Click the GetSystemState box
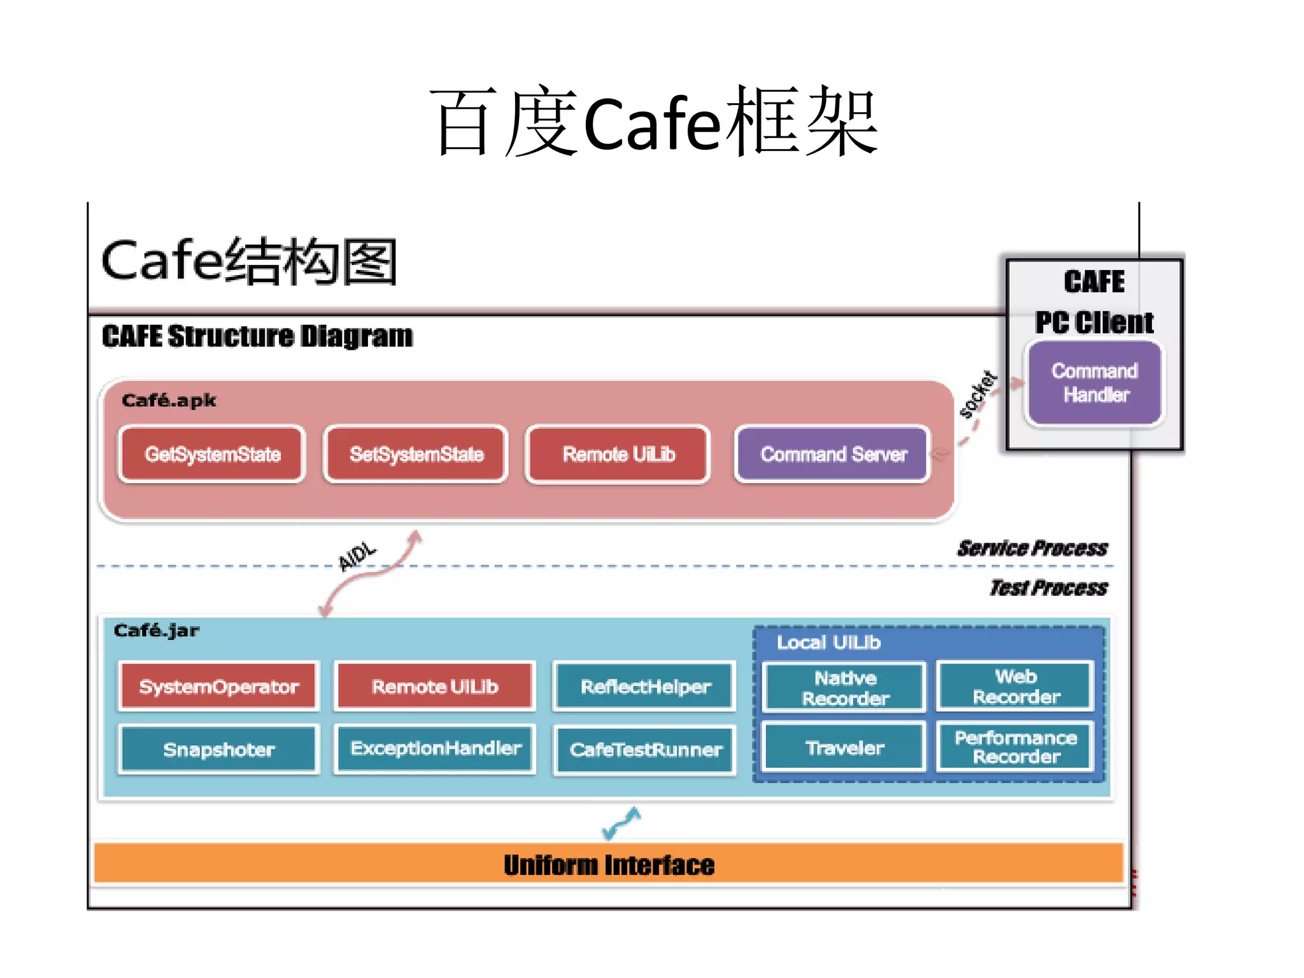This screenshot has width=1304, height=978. [x=212, y=455]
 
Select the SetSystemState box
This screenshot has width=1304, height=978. [x=416, y=455]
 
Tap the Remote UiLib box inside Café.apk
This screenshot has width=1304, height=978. [x=618, y=455]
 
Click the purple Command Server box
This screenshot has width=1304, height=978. [x=833, y=455]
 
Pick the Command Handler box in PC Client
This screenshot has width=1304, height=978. [x=1095, y=383]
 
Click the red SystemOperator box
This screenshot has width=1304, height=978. [x=218, y=686]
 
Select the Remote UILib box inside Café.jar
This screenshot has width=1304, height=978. [x=435, y=686]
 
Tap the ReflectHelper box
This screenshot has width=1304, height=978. [x=645, y=686]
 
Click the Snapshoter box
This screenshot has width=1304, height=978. [x=218, y=749]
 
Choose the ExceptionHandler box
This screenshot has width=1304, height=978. [x=436, y=748]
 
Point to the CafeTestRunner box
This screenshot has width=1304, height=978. [x=645, y=750]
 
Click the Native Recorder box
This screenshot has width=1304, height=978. [x=845, y=688]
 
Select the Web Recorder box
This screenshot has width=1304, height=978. [x=1016, y=686]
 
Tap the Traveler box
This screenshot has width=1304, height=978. [x=844, y=748]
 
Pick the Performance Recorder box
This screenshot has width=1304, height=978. [x=1016, y=747]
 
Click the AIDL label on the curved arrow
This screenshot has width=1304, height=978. [x=357, y=555]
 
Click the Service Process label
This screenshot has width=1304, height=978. [x=1032, y=548]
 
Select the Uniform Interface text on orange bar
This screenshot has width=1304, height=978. [x=609, y=865]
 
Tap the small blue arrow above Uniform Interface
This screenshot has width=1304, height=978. [x=621, y=823]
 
